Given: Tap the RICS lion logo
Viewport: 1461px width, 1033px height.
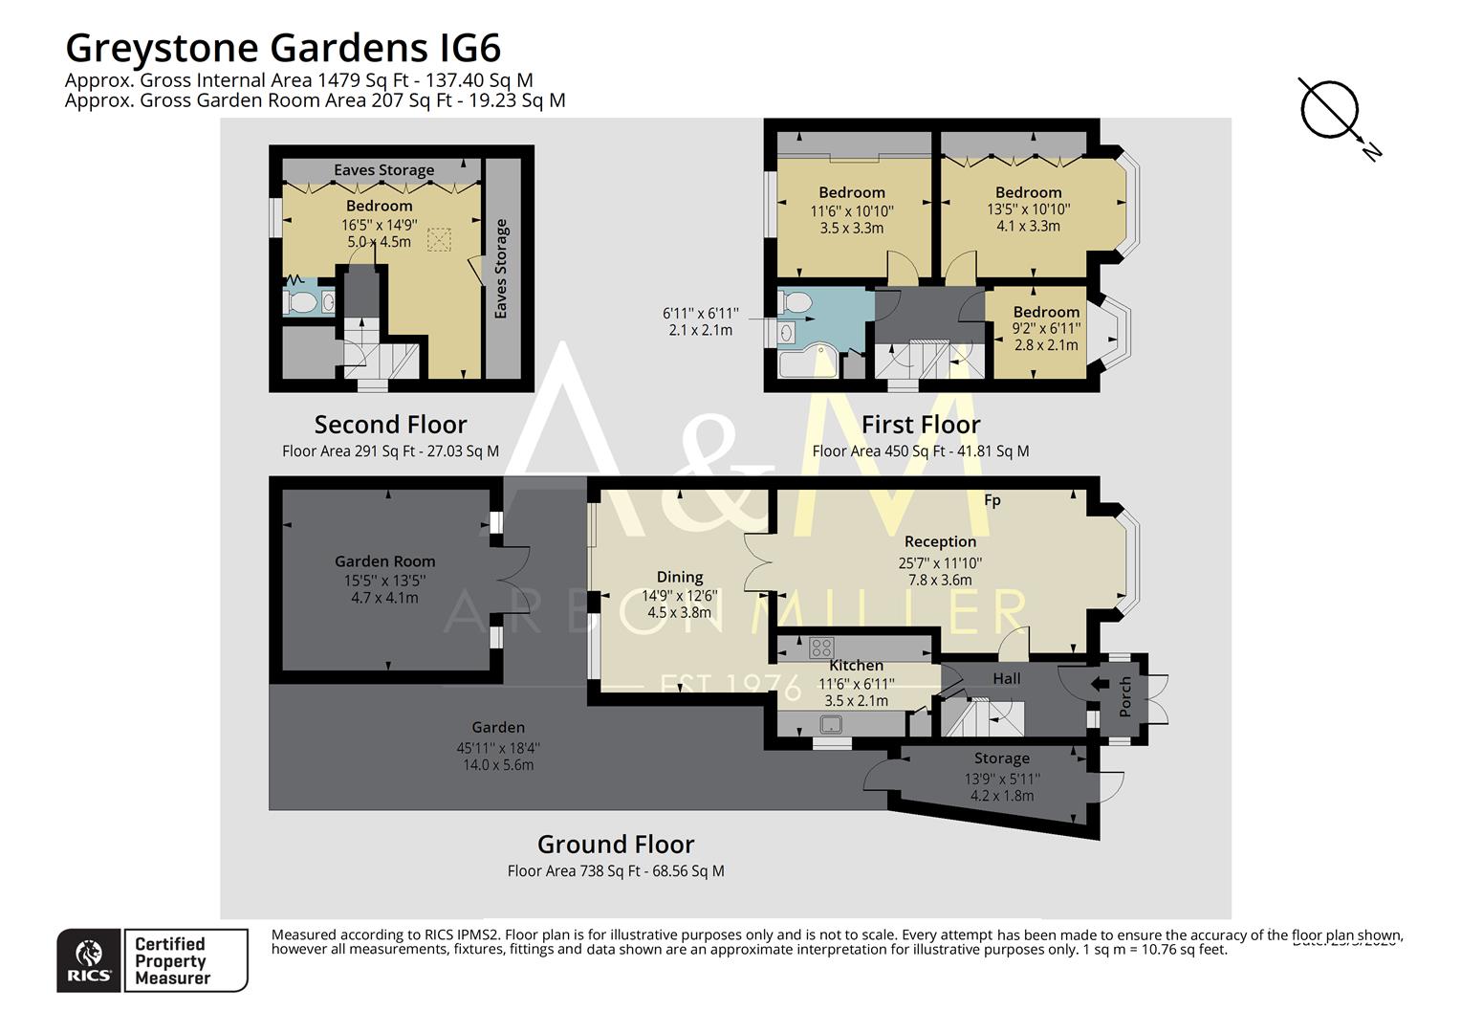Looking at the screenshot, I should (x=89, y=960).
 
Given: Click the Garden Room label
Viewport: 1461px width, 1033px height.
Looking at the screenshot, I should (x=384, y=561).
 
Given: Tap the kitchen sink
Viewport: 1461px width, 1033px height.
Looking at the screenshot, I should (x=829, y=725).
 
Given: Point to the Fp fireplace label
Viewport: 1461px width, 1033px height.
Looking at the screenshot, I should (x=992, y=500).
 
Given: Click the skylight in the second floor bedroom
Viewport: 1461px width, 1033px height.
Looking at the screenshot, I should (x=439, y=239).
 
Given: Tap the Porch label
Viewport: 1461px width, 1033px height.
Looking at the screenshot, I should (x=1125, y=696).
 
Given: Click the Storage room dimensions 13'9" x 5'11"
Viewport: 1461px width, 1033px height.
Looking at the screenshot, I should (x=1001, y=779).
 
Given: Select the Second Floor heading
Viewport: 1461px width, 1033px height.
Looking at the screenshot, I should (x=390, y=425).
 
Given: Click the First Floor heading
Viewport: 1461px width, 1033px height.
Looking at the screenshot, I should (x=920, y=425).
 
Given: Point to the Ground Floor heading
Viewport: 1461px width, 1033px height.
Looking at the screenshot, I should (x=615, y=845).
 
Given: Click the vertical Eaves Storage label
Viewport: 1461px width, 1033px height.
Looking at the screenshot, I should (x=501, y=269).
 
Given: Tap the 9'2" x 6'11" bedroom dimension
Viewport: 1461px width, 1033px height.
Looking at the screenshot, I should (x=1046, y=328).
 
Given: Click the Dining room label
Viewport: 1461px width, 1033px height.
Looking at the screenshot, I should (x=680, y=577).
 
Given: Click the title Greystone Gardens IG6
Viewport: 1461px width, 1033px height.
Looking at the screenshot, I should (x=283, y=47).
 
